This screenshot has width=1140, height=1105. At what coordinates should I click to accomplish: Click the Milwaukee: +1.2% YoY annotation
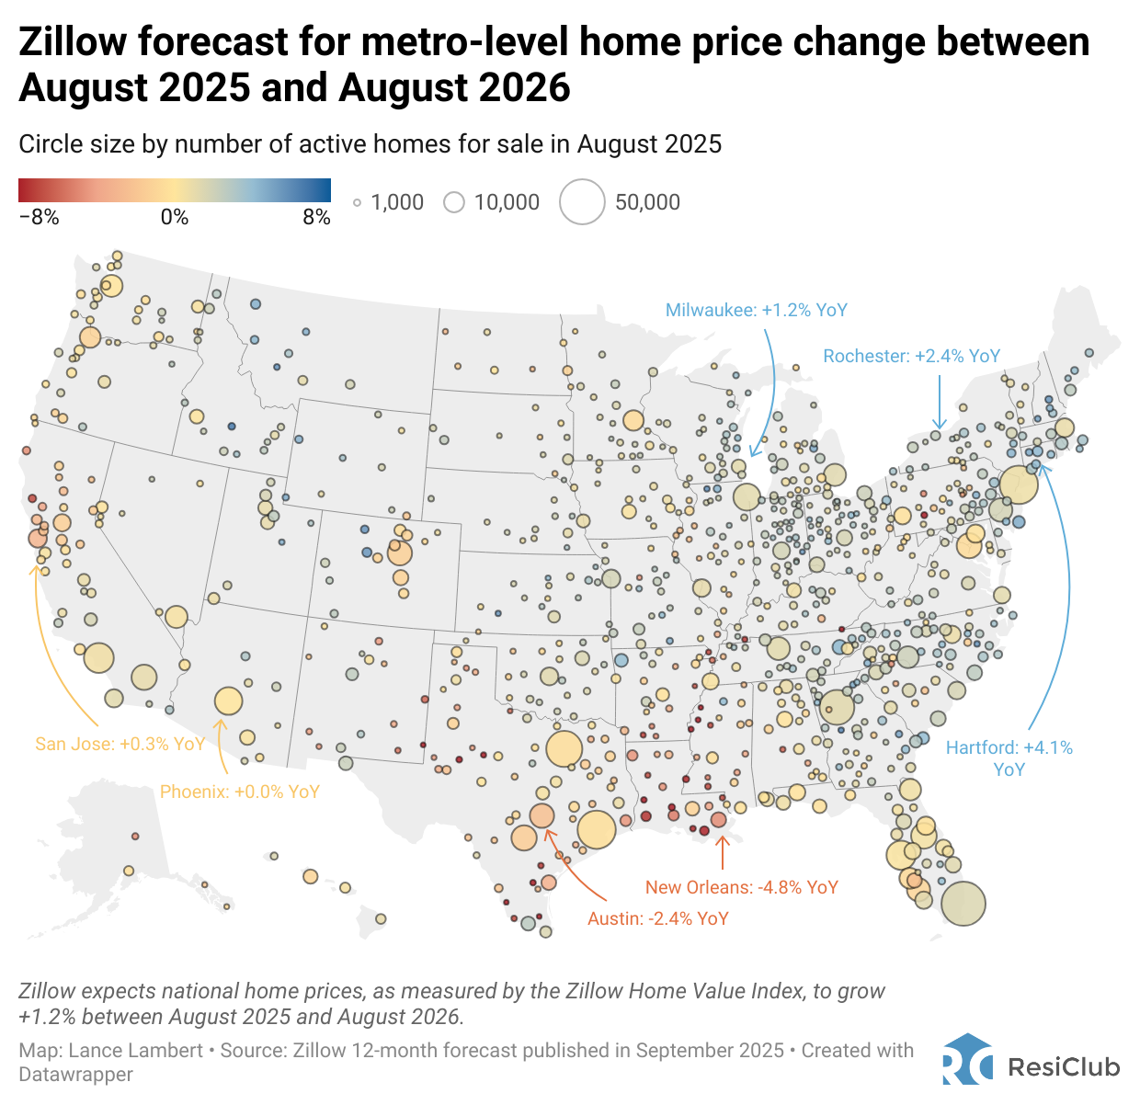tap(756, 311)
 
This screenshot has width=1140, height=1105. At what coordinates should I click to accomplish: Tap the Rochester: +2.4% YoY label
tap(911, 357)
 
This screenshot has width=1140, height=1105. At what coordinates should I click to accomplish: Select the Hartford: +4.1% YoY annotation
tap(1009, 758)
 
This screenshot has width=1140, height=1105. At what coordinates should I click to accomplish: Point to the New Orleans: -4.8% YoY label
tap(741, 887)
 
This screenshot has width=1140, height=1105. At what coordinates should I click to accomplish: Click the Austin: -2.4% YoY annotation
tap(657, 918)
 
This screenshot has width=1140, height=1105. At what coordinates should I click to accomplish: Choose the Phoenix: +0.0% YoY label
tap(239, 792)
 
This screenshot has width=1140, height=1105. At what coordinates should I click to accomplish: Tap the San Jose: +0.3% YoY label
tap(120, 744)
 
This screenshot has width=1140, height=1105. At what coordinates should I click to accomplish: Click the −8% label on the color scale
tap(39, 218)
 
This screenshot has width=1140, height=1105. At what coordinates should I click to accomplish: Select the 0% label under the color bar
tap(175, 218)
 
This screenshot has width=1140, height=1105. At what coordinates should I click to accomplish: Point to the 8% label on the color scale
tap(316, 218)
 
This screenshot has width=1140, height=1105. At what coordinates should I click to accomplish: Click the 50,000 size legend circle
tap(582, 202)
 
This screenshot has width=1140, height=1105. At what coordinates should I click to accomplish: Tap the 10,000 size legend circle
tap(454, 202)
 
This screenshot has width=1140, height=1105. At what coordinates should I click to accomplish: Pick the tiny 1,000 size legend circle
tap(357, 203)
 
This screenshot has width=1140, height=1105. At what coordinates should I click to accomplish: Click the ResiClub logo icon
tap(967, 1060)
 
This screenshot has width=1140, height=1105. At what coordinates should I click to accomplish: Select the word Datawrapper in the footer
tap(75, 1075)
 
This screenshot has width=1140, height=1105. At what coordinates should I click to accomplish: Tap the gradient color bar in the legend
tap(175, 190)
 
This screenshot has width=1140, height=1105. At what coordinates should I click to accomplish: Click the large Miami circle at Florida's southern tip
tap(963, 904)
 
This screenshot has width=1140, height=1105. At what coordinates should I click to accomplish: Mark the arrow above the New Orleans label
tap(723, 852)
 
